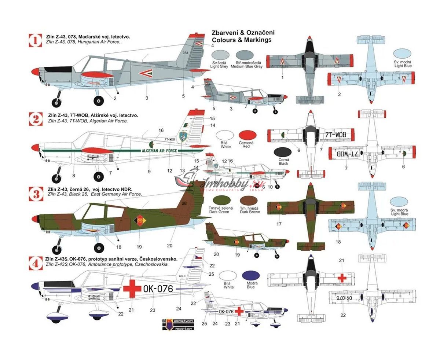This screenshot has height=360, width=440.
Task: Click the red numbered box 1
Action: click(36, 40)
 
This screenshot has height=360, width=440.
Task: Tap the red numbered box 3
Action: click(36, 193)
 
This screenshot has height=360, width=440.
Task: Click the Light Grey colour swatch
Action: click(219, 55)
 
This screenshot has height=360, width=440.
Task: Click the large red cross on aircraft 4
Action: click(132, 288)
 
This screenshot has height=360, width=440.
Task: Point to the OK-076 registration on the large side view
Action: click(158, 289)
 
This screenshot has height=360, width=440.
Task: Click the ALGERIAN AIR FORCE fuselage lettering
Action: click(159, 150)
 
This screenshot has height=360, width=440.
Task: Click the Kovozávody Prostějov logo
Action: click(179, 323)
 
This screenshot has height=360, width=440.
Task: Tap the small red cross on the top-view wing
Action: click(342, 278)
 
